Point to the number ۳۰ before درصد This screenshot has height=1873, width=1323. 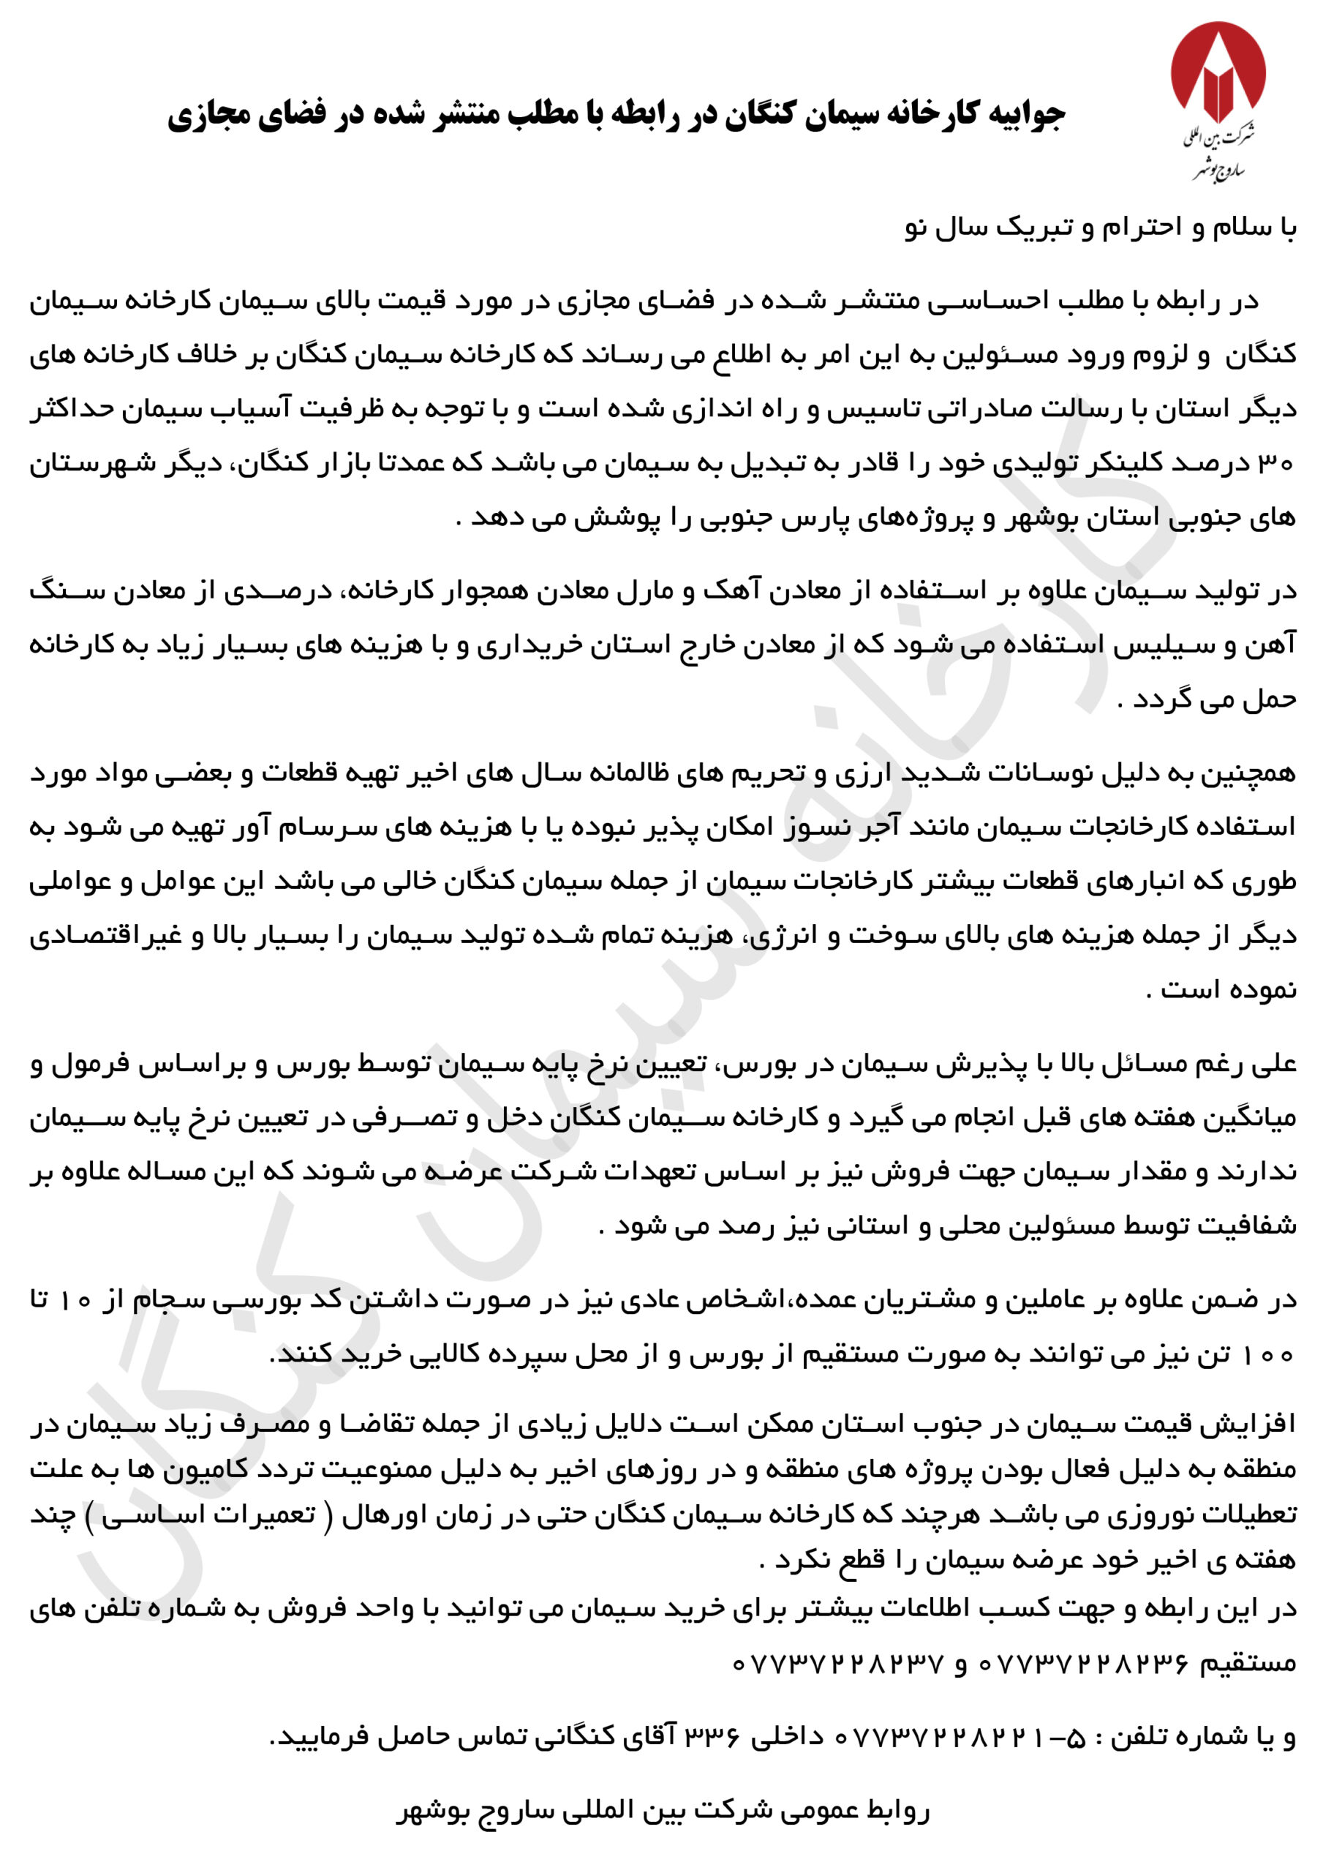click(x=1278, y=463)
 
